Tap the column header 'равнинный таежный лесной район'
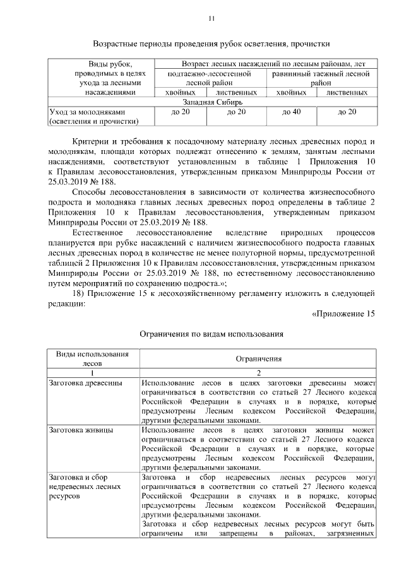(x=321, y=78)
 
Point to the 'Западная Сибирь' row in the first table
(x=212, y=102)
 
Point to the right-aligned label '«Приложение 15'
(x=343, y=314)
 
